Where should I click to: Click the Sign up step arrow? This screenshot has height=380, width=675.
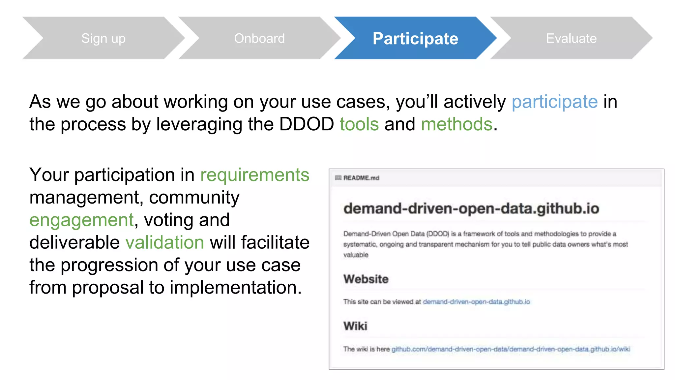103,38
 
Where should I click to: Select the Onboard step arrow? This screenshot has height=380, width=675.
259,38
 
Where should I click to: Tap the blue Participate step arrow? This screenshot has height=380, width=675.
415,38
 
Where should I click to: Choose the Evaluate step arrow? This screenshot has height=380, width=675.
571,38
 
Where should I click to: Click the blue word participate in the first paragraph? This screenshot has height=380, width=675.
554,102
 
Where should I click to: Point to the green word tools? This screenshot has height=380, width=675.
359,124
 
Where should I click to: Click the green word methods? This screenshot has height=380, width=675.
456,124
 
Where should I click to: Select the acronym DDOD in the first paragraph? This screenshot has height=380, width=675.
306,124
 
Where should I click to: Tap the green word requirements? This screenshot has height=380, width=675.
255,175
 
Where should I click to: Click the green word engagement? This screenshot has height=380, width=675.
82,220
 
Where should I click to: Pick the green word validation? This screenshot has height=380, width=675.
165,242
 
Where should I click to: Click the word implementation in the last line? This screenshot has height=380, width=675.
235,287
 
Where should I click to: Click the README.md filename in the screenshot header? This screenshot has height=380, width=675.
361,178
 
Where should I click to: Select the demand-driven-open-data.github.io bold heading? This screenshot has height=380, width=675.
471,208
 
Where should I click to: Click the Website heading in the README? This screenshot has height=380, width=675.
366,279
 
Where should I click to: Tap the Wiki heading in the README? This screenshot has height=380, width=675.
355,326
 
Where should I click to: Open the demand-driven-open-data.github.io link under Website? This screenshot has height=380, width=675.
476,302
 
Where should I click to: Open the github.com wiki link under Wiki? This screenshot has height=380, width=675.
511,349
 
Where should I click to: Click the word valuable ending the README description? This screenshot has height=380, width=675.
356,255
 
